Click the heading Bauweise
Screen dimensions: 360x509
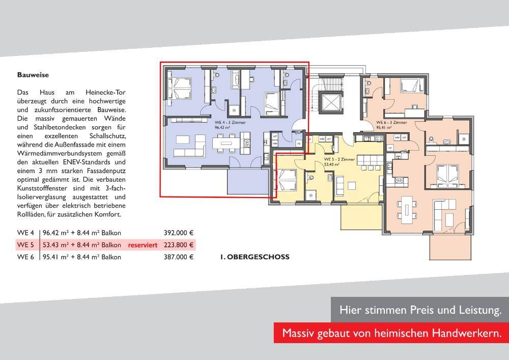pos(33,75)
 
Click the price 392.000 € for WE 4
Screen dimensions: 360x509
pos(179,233)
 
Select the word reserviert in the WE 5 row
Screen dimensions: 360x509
pos(143,245)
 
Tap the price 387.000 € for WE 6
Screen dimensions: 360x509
pos(179,257)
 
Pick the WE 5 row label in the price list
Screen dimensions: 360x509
pos(25,245)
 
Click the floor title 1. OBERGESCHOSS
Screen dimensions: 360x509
pos(254,257)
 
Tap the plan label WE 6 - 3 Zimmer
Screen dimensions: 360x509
pos(391,123)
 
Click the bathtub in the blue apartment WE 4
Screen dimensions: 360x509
pos(236,80)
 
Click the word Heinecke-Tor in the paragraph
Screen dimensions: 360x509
pos(105,93)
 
